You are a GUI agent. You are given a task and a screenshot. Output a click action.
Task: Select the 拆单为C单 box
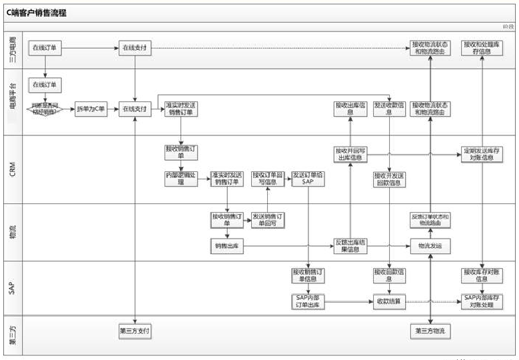coord(91,109)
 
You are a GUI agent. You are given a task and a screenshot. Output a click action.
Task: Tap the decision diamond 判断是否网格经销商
coord(45,109)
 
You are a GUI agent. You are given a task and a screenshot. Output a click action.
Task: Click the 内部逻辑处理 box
coord(181,179)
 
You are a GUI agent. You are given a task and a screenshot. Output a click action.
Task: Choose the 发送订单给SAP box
coord(308,179)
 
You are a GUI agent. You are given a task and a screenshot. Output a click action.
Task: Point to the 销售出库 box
coord(227,246)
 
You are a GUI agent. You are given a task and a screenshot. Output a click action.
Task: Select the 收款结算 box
coord(389,301)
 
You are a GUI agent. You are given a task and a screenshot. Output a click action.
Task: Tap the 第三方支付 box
coord(135,331)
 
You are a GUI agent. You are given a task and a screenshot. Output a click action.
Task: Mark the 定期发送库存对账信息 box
coord(482,155)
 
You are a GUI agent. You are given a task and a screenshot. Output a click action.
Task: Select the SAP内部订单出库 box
coord(308,301)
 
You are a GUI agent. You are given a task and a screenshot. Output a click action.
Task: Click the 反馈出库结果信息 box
coord(350,246)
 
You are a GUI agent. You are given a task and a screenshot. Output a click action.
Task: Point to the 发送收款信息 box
coord(390,109)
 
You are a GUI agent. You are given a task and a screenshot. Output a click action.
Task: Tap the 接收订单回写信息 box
coord(268,179)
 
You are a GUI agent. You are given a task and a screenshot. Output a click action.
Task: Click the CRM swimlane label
coord(13,169)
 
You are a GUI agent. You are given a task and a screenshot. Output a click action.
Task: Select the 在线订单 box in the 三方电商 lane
coord(45,47)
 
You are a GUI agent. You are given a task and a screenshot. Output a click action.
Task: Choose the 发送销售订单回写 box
coord(268,220)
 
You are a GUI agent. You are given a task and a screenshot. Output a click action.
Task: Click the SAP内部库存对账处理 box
coord(482,301)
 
